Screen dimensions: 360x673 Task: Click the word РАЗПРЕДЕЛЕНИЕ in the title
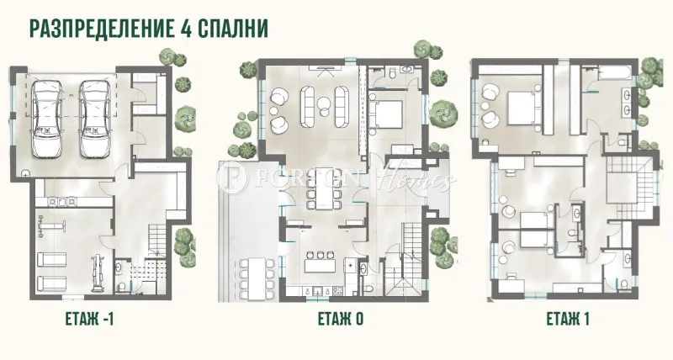coord(98,27)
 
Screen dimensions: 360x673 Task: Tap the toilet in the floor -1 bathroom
coord(121,287)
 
